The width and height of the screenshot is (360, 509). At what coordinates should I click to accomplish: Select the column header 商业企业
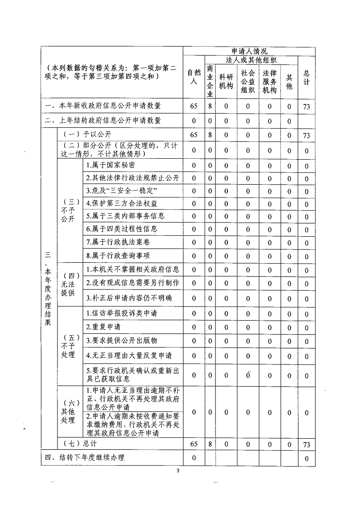pyautogui.click(x=210, y=81)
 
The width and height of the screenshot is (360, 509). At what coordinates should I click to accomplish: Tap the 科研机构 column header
pyautogui.click(x=226, y=81)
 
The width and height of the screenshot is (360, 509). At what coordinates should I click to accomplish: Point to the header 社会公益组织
pyautogui.click(x=248, y=81)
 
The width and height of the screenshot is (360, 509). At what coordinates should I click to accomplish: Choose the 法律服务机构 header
pyautogui.click(x=269, y=81)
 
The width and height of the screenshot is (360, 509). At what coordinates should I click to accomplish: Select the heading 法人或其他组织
pyautogui.click(x=252, y=60)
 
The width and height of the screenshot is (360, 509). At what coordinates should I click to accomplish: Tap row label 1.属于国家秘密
pyautogui.click(x=110, y=165)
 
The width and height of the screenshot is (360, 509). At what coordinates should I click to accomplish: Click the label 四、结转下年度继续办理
pyautogui.click(x=85, y=457)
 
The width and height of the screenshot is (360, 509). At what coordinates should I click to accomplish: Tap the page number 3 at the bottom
pyautogui.click(x=180, y=470)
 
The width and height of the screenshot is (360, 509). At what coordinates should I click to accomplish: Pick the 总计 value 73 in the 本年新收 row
pyautogui.click(x=306, y=107)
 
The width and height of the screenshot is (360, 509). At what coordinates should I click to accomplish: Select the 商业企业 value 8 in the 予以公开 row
pyautogui.click(x=210, y=135)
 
